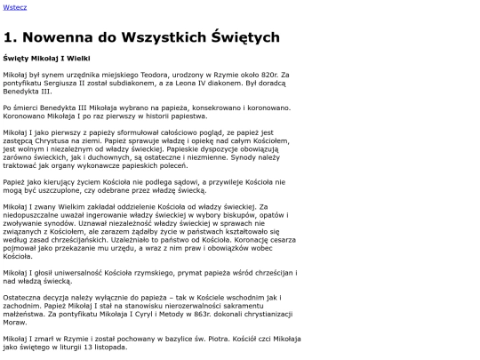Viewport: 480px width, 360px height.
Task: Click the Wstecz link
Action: [15, 7]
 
